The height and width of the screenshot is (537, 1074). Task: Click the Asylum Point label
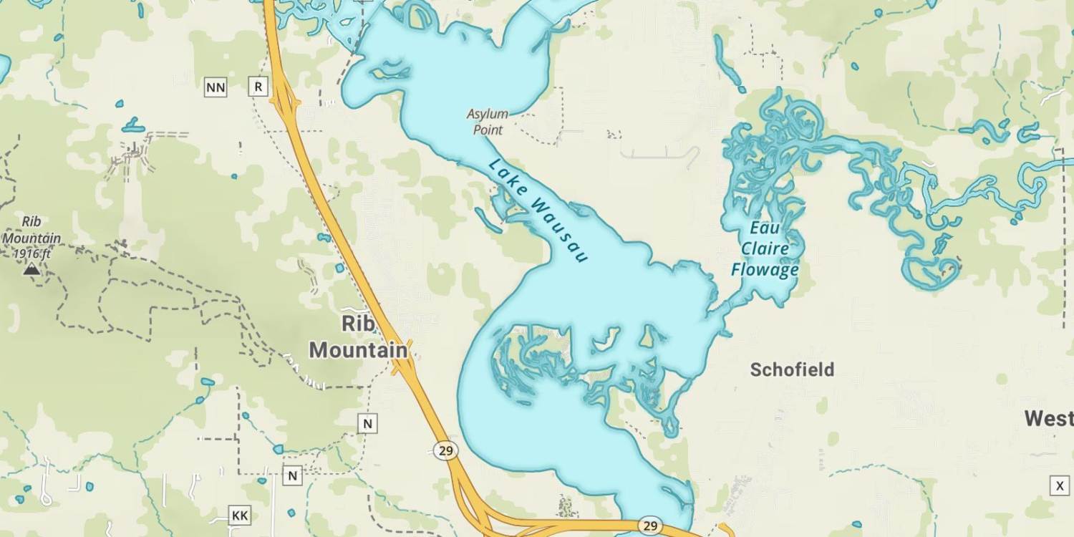(488, 122)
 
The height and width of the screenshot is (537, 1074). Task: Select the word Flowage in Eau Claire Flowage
(765, 270)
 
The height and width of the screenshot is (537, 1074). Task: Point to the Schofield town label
(792, 369)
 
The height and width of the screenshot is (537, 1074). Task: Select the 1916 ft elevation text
(32, 253)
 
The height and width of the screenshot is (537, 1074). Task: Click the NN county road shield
(216, 87)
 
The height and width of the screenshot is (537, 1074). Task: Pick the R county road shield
(258, 87)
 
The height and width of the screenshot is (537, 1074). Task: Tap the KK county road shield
(240, 515)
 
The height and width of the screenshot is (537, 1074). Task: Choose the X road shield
(1060, 486)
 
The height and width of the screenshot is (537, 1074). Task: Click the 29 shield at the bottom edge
(650, 526)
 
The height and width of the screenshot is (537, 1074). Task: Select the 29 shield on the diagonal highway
(445, 450)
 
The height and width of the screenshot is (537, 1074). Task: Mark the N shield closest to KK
(292, 475)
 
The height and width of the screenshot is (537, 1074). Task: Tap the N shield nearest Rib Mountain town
(367, 423)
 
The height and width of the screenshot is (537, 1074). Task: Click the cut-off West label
(1049, 418)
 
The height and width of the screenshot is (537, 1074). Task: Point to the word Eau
(763, 228)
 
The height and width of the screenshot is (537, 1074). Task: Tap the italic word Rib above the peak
(32, 222)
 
